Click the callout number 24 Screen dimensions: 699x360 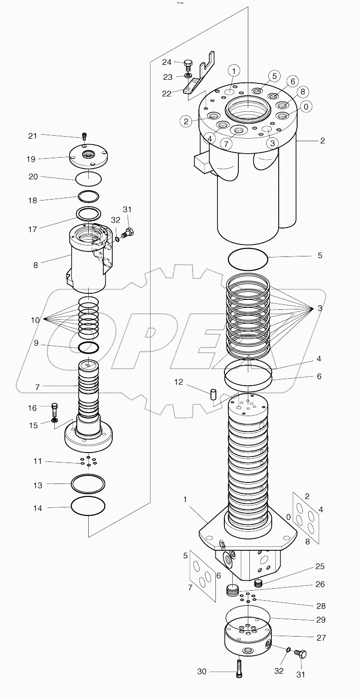pyautogui.click(x=166, y=62)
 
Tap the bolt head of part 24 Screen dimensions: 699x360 pyautogui.click(x=188, y=63)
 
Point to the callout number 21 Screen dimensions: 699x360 pyautogui.click(x=32, y=136)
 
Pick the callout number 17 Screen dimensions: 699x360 pyautogui.click(x=32, y=230)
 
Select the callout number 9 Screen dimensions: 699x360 pyautogui.click(x=36, y=343)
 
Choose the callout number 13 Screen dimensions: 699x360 pyautogui.click(x=38, y=484)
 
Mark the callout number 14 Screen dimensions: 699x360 pyautogui.click(x=38, y=508)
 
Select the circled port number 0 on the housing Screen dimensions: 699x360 pyautogui.click(x=305, y=106)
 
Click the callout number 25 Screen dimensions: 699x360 pyautogui.click(x=320, y=566)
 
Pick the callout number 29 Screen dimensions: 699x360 pyautogui.click(x=320, y=619)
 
